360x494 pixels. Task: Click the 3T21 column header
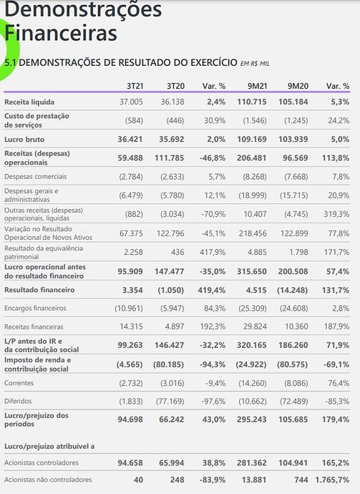click(x=135, y=86)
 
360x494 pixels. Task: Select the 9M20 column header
click(x=298, y=86)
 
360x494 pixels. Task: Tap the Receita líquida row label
click(x=29, y=102)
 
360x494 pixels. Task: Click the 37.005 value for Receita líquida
click(x=131, y=102)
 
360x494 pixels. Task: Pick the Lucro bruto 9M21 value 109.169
click(x=252, y=140)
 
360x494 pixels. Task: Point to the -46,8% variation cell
click(x=213, y=158)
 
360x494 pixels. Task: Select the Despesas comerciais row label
click(x=35, y=176)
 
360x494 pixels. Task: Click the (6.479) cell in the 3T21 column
click(x=131, y=195)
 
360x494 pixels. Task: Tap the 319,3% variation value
click(x=336, y=214)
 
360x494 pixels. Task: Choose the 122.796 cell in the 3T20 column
click(x=170, y=233)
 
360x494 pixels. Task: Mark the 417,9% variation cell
click(x=213, y=252)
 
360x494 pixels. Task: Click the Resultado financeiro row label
click(x=39, y=290)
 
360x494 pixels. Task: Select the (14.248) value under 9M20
click(x=292, y=290)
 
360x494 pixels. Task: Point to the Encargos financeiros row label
click(x=35, y=308)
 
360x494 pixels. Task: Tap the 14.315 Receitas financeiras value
click(x=131, y=326)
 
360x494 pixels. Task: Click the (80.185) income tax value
click(x=168, y=364)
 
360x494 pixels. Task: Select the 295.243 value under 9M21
click(x=252, y=420)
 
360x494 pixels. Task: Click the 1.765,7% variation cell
click(x=332, y=480)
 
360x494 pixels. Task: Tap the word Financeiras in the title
click(x=61, y=33)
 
